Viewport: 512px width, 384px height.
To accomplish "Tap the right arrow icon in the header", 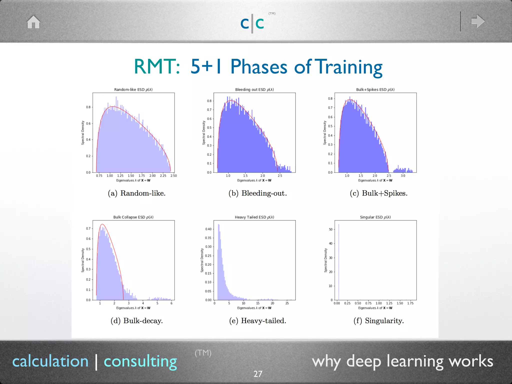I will click(478, 21).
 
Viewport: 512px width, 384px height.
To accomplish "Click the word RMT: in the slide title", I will click(157, 67).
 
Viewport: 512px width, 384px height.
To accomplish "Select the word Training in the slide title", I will click(349, 67).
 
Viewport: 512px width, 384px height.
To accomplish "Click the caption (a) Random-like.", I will click(136, 193).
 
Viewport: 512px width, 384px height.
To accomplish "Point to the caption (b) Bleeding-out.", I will click(257, 193).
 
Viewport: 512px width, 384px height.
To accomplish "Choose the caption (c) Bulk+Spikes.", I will click(378, 193).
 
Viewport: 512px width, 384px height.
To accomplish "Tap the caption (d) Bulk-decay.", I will click(136, 321).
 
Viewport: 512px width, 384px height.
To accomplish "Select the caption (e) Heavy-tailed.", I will click(257, 321).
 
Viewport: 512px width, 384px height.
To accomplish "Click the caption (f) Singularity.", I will click(378, 321).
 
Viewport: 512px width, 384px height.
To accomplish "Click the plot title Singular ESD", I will click(375, 217).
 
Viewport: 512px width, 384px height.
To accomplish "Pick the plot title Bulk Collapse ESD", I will click(133, 217).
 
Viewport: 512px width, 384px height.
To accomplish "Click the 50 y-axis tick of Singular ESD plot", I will click(330, 229).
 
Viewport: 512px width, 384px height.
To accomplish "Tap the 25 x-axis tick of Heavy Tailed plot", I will click(287, 303).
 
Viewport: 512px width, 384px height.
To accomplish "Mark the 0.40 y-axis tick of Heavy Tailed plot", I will click(208, 229).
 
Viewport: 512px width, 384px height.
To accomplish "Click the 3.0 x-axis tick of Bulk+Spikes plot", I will click(403, 176).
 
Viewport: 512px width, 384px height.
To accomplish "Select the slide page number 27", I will click(258, 374).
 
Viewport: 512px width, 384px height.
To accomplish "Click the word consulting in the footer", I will click(140, 361).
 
